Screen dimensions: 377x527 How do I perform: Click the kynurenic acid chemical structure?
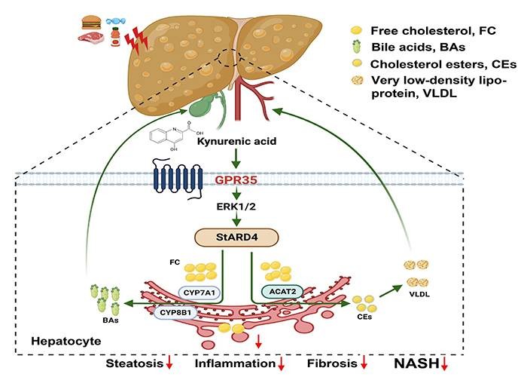[175, 134]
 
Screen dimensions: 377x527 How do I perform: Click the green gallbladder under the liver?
[202, 106]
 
